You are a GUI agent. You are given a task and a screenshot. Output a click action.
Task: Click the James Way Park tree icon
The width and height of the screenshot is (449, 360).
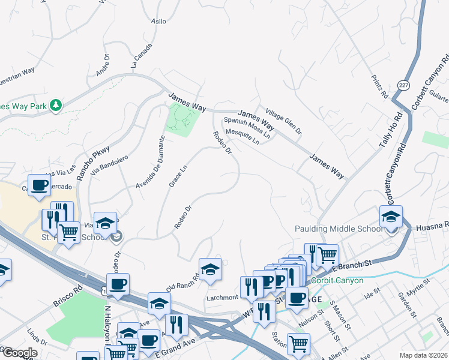56,106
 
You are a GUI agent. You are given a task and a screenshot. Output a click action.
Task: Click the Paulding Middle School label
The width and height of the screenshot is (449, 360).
338,229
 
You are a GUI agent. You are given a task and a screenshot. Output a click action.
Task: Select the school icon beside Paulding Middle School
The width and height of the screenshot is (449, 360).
391,218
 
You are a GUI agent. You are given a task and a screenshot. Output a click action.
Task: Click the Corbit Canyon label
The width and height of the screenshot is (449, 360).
338,280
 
